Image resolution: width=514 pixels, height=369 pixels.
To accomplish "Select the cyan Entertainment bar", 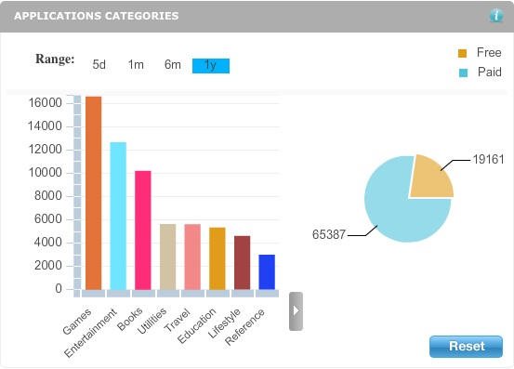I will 118,216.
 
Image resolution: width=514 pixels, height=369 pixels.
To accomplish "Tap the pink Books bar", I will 142,231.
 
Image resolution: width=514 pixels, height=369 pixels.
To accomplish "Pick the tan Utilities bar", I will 167,257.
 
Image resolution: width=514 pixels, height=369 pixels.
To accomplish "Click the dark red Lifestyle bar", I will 242,262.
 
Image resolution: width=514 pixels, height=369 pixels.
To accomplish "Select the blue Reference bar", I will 267,271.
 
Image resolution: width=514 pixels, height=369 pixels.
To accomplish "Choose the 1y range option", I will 210,65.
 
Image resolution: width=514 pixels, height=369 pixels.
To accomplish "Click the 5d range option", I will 99,65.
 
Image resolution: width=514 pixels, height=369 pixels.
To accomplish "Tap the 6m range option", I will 173,65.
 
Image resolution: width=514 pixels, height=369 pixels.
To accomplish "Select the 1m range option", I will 136,65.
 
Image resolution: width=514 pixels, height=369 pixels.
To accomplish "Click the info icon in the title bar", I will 496,16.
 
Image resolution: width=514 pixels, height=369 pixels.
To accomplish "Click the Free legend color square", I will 462,53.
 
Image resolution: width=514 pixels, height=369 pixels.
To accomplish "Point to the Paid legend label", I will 489,72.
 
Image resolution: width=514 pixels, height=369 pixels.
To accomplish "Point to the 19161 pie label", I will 488,160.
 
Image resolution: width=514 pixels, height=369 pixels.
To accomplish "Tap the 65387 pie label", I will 329,235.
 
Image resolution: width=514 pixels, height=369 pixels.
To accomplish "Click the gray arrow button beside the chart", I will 296,311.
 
